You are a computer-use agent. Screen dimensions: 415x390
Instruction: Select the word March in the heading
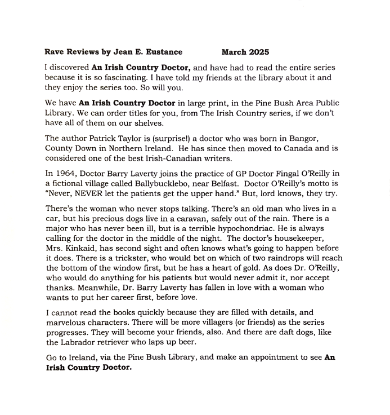[x=234, y=52]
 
